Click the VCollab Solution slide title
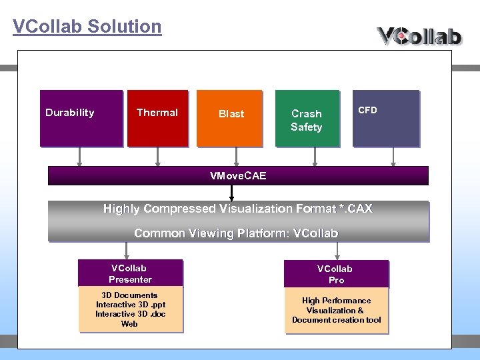click(x=87, y=27)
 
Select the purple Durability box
click(x=81, y=118)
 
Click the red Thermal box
click(x=157, y=118)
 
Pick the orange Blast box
click(x=231, y=118)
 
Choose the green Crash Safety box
click(x=307, y=118)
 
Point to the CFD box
click(x=385, y=118)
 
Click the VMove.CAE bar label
click(x=237, y=176)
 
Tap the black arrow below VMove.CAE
click(x=231, y=193)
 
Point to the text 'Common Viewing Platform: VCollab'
click(x=236, y=233)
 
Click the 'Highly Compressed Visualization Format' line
click(x=237, y=209)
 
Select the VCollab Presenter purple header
click(x=130, y=273)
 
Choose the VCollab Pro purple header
click(x=335, y=274)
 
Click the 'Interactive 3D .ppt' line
click(x=130, y=305)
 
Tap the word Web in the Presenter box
click(x=129, y=324)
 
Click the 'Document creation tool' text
click(x=336, y=320)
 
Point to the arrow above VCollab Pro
click(x=338, y=251)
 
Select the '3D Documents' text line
click(x=129, y=295)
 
